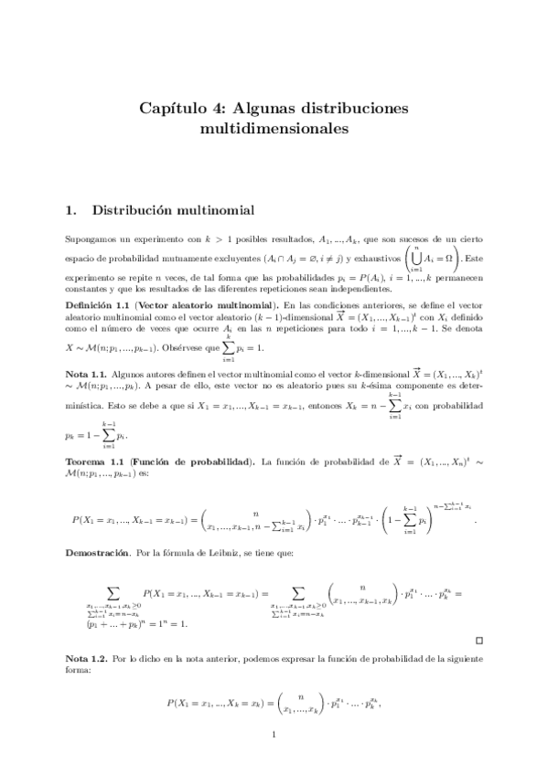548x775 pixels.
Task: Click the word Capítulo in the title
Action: (173, 108)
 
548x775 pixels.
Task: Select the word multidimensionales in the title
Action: (274, 129)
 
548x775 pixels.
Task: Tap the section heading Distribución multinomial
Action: (173, 210)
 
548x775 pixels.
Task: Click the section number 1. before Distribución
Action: (74, 210)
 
